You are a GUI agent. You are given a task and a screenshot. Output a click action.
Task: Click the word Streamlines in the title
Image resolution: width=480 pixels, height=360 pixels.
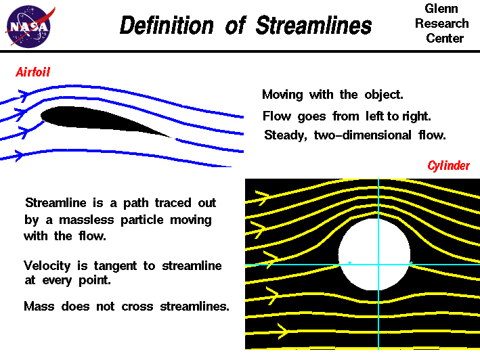point(314,26)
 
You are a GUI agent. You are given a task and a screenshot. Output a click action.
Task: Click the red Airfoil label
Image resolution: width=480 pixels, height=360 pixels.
point(33,72)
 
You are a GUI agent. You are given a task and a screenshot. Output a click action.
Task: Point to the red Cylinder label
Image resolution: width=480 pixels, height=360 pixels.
point(448,166)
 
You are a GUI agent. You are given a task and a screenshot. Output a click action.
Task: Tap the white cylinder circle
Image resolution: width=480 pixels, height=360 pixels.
point(374,254)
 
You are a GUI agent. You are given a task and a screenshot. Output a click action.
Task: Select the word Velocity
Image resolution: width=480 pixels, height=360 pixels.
point(48,266)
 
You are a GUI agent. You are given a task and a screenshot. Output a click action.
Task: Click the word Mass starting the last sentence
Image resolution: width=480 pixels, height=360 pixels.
point(38,306)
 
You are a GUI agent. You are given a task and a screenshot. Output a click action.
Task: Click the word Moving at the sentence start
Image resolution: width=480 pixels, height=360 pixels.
point(282,94)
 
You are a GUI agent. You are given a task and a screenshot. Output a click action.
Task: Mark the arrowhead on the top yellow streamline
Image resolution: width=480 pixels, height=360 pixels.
point(263,198)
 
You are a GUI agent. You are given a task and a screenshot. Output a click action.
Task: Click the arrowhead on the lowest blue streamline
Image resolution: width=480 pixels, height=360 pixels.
point(20,155)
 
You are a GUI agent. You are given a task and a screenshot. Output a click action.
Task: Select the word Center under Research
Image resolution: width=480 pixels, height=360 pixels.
point(445,38)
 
